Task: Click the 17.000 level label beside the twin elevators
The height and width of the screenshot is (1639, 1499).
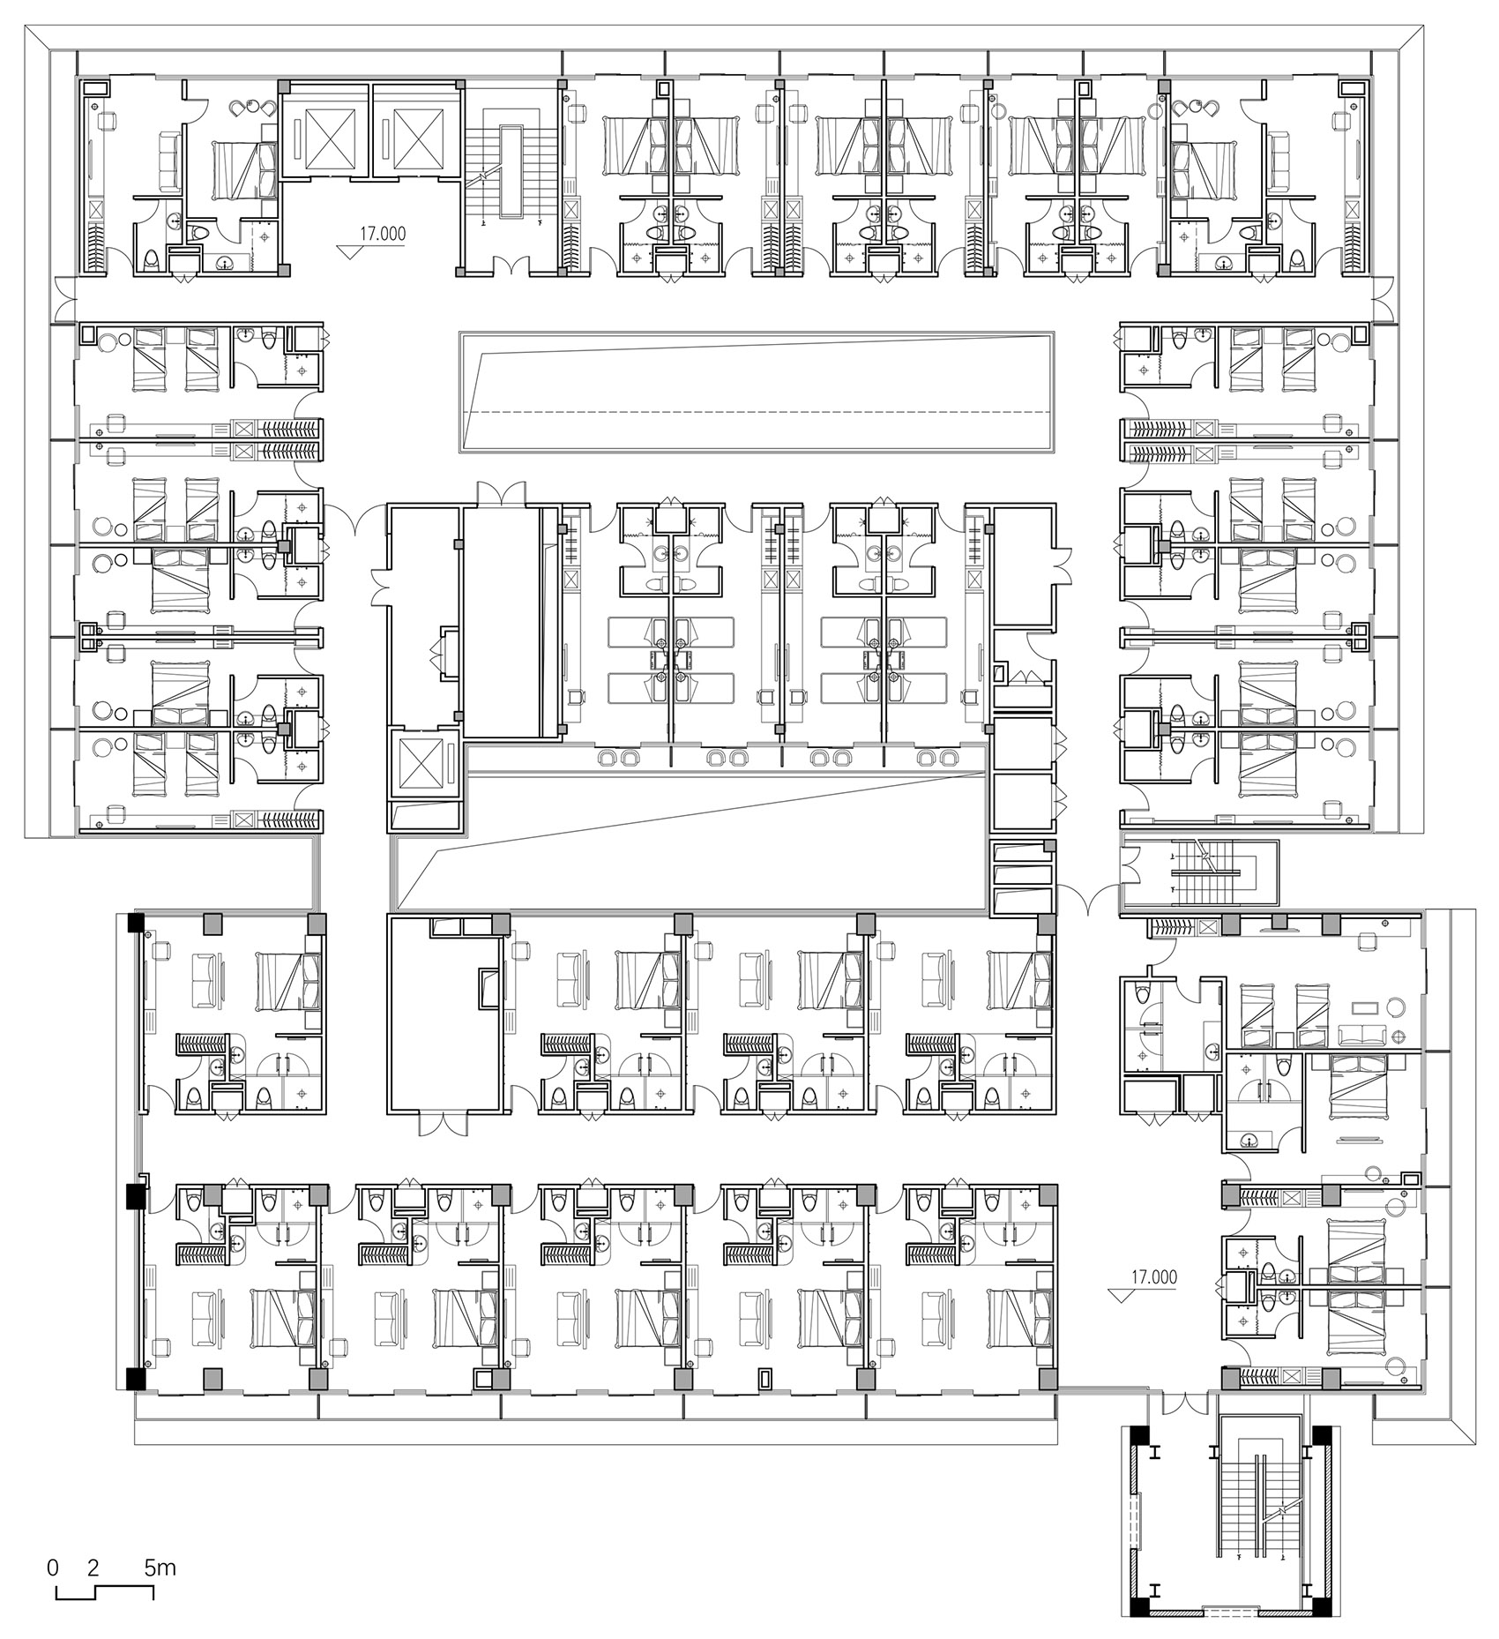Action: pos(382,234)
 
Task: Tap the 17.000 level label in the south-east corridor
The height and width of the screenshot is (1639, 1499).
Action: pos(1155,1276)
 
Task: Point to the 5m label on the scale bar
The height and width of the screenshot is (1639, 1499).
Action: pos(160,1568)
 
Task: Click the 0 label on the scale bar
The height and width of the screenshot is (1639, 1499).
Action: pos(53,1568)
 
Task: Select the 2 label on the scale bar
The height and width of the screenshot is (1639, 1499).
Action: pos(93,1568)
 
